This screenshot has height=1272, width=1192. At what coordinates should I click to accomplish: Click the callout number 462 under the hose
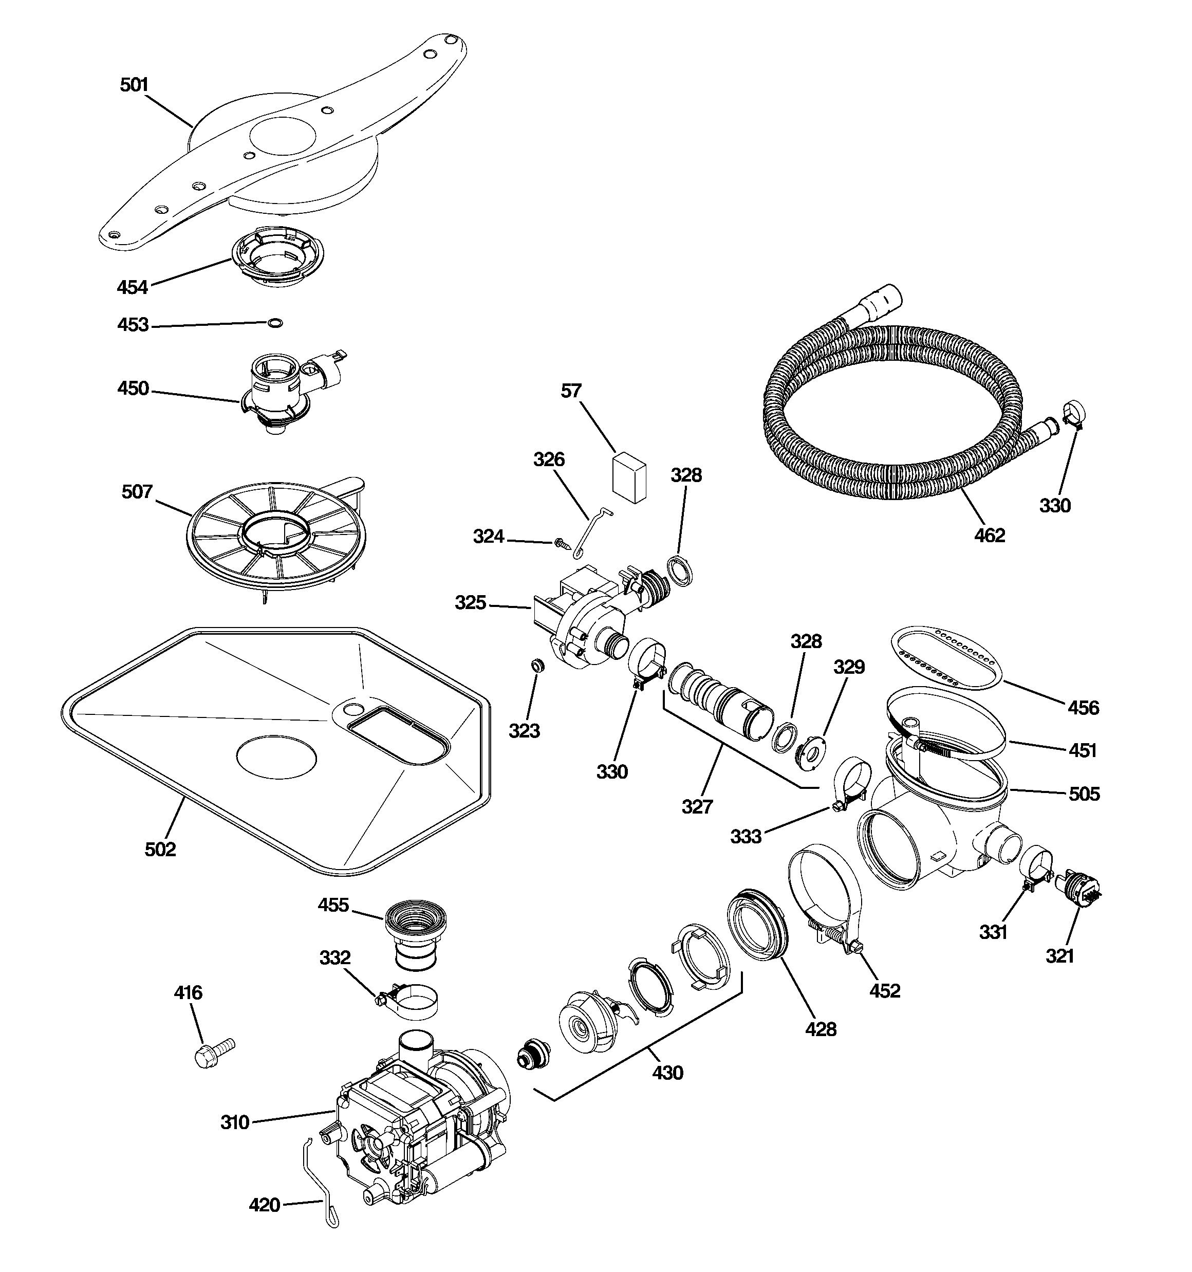tap(989, 536)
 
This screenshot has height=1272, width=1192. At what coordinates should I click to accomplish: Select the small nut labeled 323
tap(538, 666)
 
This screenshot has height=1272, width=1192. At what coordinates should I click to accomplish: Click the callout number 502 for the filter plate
tap(160, 849)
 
